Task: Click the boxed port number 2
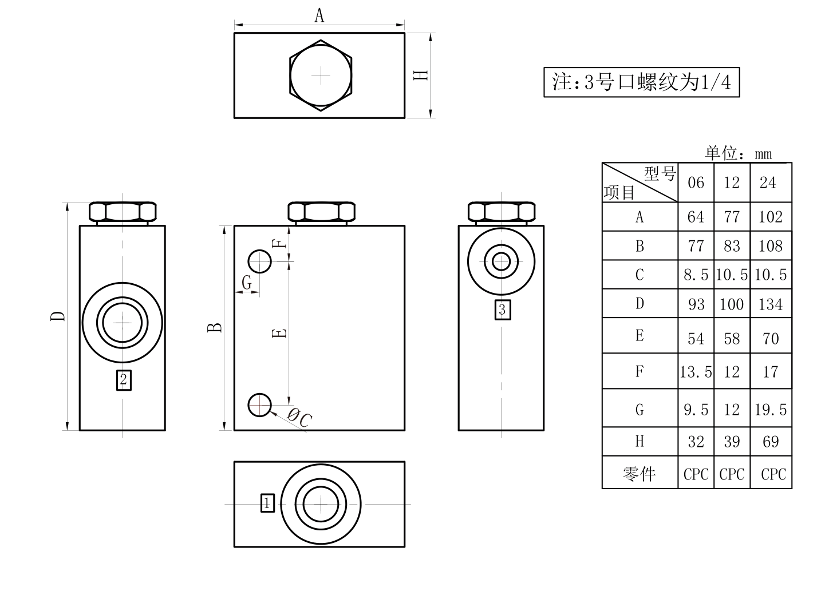pos(124,380)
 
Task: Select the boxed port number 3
pos(503,310)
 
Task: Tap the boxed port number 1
pos(267,503)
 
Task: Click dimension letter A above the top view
pos(319,16)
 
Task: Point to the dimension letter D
pos(58,316)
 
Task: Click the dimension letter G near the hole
pos(247,282)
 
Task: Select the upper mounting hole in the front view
pos(259,261)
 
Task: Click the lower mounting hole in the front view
pos(259,405)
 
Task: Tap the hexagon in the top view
pos(321,76)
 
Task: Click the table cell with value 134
pos(771,304)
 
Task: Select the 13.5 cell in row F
pos(696,372)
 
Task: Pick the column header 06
pos(696,183)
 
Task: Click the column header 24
pos(768,183)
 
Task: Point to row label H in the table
pos(640,442)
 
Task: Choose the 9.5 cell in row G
pos(696,410)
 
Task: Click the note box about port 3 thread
pos(641,82)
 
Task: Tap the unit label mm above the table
pos(763,154)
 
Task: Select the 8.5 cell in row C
pos(696,275)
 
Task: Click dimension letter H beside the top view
pos(420,75)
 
